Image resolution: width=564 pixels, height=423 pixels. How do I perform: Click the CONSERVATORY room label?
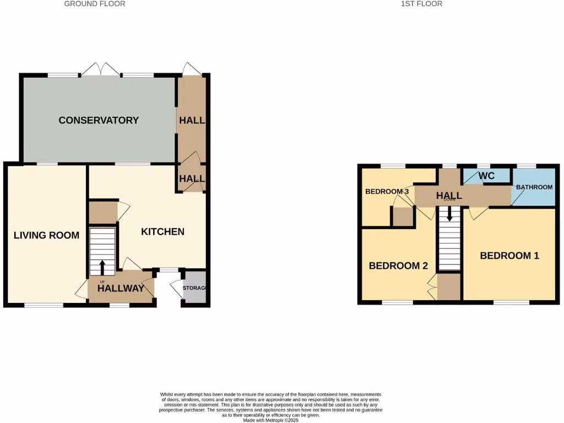click(99, 120)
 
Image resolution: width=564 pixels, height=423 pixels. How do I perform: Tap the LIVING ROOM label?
click(46, 235)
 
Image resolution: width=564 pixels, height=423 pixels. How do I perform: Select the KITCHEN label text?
click(162, 231)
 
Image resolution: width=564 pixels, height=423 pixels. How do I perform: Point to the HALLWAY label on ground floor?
click(121, 288)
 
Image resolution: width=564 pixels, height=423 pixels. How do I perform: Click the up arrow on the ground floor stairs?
click(102, 267)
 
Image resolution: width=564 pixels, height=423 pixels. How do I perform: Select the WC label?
click(486, 176)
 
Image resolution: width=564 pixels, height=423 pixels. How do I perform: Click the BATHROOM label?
click(534, 187)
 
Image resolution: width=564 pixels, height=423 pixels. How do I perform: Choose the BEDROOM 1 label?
click(509, 256)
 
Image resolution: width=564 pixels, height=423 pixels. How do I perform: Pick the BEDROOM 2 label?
click(398, 265)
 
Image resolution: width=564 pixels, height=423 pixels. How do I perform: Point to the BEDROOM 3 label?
click(387, 192)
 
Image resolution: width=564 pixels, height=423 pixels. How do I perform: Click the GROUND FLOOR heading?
click(95, 4)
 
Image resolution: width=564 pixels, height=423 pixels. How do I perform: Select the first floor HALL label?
click(449, 196)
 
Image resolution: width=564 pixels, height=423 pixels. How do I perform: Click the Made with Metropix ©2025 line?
click(270, 420)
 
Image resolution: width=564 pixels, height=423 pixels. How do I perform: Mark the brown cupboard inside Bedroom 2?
click(448, 286)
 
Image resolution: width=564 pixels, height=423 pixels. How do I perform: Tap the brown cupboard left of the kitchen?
click(102, 212)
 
